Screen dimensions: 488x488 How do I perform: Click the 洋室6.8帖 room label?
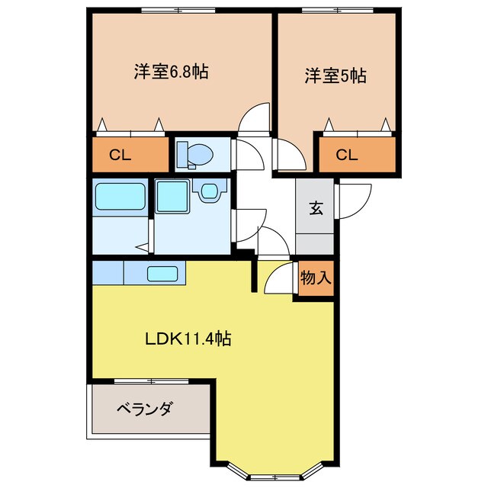tap(171, 72)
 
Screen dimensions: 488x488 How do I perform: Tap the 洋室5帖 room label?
tap(335, 75)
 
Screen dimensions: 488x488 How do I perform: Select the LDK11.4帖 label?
tap(188, 338)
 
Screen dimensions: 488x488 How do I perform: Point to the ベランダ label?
tap(144, 408)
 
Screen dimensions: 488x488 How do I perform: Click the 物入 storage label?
tap(315, 278)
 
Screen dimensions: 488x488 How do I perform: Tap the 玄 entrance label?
tap(314, 207)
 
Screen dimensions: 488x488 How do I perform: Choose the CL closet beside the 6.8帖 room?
tap(130, 156)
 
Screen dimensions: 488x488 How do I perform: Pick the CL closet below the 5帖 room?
tap(357, 156)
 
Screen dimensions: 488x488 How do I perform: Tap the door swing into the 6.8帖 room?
tap(255, 118)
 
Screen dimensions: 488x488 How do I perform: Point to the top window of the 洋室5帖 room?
tap(335, 10)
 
